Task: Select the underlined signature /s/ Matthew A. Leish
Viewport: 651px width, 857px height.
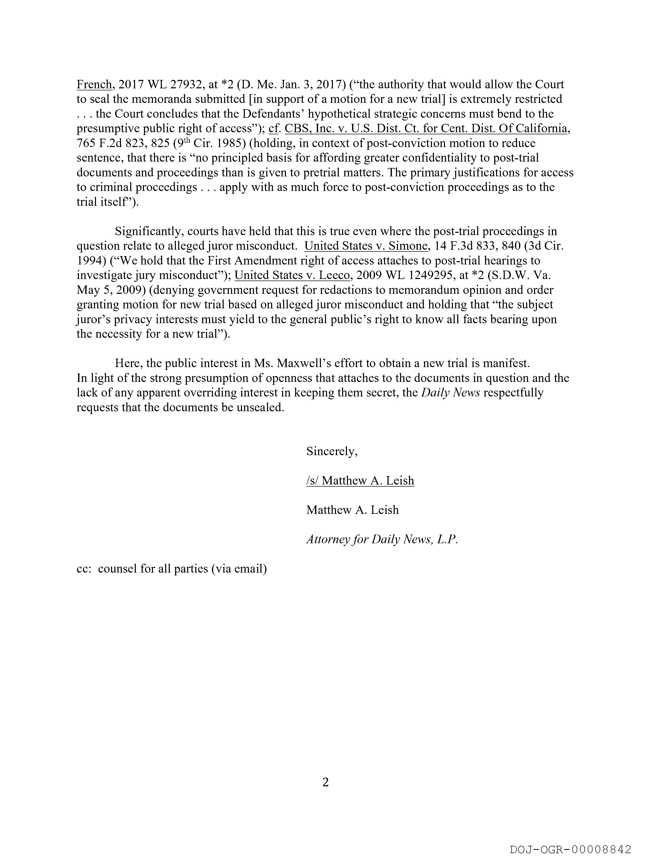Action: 360,480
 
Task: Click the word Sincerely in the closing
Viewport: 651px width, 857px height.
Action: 332,451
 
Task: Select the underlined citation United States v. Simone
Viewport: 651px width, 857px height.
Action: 366,246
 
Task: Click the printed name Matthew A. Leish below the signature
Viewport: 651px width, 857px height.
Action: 352,510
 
